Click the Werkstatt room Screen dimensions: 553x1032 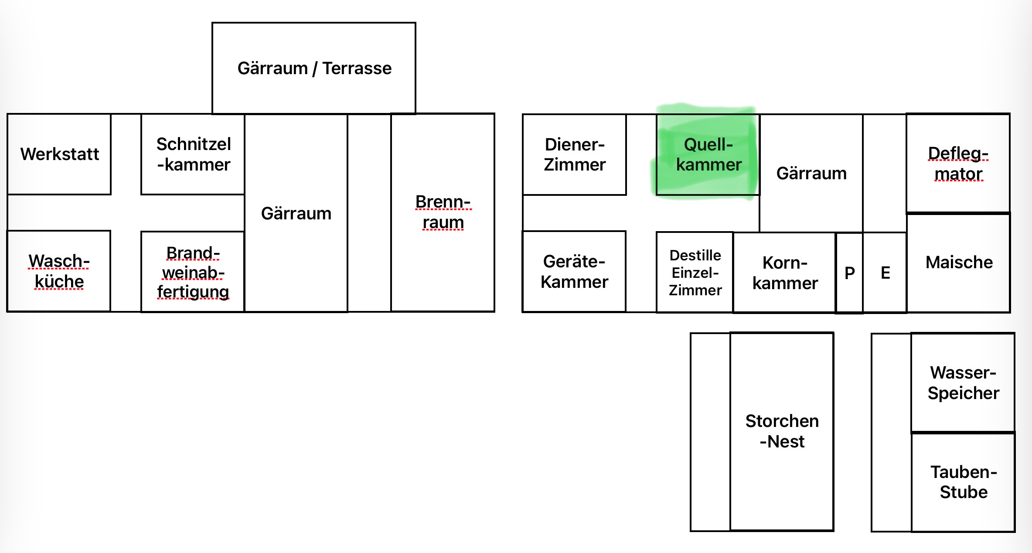[59, 154]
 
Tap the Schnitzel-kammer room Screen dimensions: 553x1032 [193, 154]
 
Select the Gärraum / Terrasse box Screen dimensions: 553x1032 [314, 68]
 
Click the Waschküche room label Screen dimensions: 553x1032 [59, 271]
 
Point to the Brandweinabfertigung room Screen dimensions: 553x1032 [193, 272]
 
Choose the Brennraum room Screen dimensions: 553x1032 [443, 212]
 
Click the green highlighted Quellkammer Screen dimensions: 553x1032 [708, 154]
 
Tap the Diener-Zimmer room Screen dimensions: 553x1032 [574, 154]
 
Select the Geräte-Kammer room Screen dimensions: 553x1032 [574, 271]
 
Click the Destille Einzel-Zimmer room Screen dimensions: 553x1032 [695, 272]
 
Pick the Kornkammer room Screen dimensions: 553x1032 [785, 273]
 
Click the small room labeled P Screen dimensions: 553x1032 [849, 273]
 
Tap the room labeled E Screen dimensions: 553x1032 [885, 273]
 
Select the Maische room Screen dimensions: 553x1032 [959, 263]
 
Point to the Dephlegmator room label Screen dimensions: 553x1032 [958, 163]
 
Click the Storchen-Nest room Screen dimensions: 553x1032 [782, 431]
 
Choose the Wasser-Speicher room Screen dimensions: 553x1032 [963, 382]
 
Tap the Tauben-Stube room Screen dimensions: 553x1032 [963, 482]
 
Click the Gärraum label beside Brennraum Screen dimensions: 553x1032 [296, 213]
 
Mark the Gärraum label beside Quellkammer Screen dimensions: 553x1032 [811, 173]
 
